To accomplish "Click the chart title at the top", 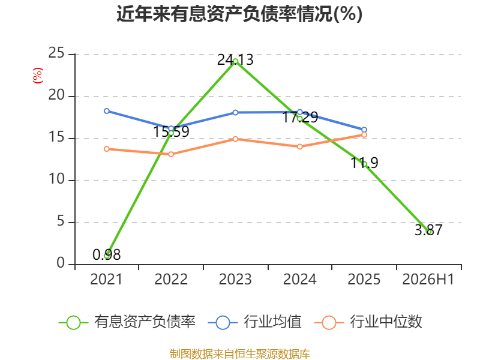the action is click(x=239, y=14).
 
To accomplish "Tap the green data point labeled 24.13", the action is click(x=235, y=62).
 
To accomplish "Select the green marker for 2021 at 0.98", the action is click(x=107, y=256).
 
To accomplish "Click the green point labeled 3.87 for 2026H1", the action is click(x=428, y=232).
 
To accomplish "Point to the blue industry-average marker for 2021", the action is click(x=107, y=111).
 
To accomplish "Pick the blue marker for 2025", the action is click(x=364, y=130).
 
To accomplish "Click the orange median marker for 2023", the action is click(x=235, y=139).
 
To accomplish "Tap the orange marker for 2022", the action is click(x=171, y=154).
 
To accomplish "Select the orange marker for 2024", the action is click(x=299, y=146).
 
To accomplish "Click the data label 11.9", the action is click(x=364, y=163).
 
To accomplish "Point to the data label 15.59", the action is click(x=171, y=131).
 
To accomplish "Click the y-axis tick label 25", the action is click(x=56, y=53).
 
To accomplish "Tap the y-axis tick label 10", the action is click(x=56, y=179).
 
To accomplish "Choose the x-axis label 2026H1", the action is click(x=428, y=279).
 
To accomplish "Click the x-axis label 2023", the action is click(x=235, y=279).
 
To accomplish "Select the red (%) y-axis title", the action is click(x=38, y=76).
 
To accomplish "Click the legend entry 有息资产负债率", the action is click(x=127, y=322).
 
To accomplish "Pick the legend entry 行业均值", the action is click(x=254, y=322).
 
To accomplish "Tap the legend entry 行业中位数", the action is click(x=368, y=322).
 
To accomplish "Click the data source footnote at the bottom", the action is click(x=240, y=353).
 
